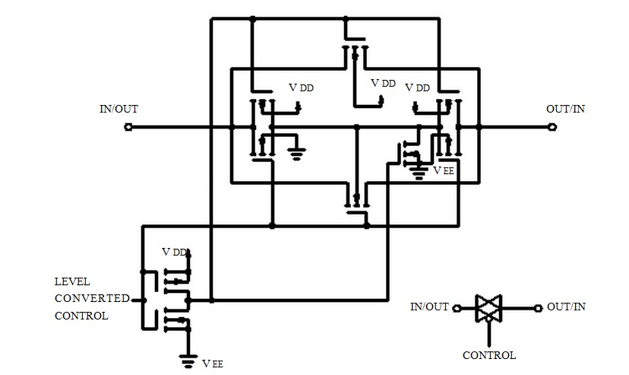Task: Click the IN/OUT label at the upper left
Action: click(x=119, y=109)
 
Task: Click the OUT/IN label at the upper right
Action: click(x=565, y=109)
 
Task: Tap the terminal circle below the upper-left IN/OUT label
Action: click(x=128, y=127)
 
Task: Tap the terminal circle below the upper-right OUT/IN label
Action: click(x=553, y=127)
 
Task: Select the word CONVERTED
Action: click(x=92, y=298)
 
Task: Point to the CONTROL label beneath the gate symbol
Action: click(x=489, y=355)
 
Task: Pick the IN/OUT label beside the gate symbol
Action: click(x=429, y=307)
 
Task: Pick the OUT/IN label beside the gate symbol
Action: click(x=566, y=307)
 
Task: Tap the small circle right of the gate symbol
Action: click(x=537, y=309)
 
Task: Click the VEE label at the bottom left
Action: click(x=212, y=364)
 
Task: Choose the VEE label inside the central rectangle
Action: click(x=443, y=170)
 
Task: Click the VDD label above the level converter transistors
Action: click(x=174, y=252)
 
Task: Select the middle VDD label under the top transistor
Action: click(x=383, y=83)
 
